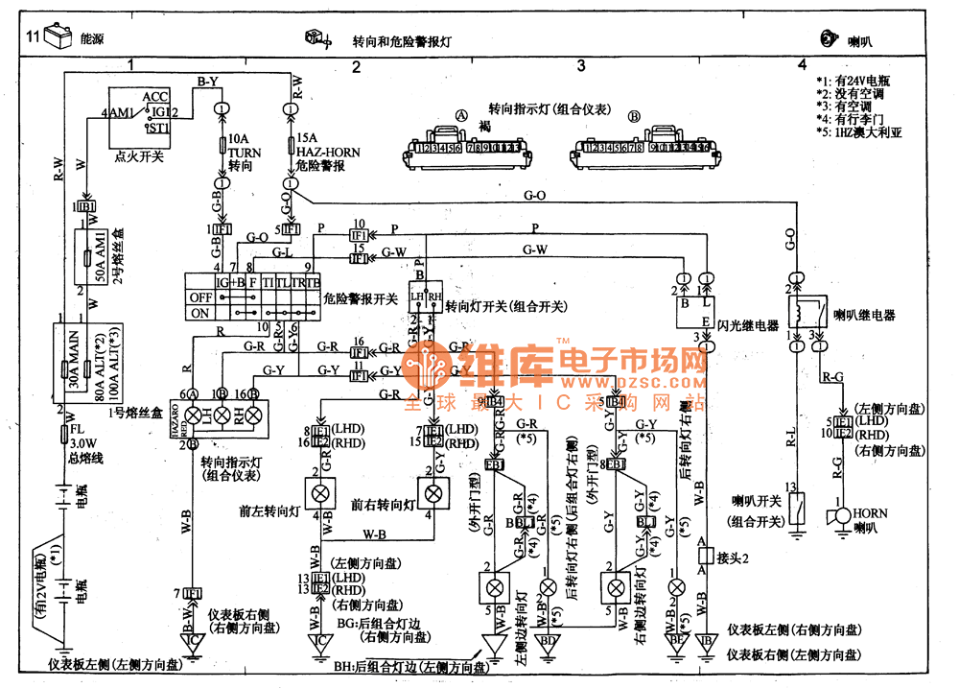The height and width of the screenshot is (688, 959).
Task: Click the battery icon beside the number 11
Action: pyautogui.click(x=58, y=38)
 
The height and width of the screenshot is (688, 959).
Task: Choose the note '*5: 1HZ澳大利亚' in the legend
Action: pyautogui.click(x=858, y=134)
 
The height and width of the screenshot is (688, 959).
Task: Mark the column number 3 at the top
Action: pyautogui.click(x=580, y=66)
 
